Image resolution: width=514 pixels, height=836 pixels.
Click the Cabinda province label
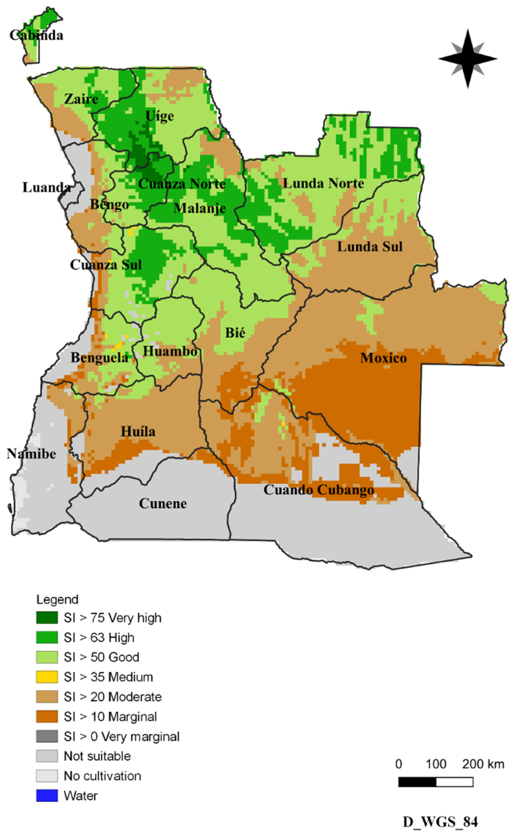pos(36,35)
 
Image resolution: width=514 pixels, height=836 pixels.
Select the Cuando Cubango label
pos(319,490)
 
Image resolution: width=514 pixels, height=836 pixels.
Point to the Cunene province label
pos(163,504)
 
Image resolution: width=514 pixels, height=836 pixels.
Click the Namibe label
pos(31,454)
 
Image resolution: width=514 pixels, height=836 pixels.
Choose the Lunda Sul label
pos(370,247)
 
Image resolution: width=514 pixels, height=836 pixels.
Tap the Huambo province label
pos(170,351)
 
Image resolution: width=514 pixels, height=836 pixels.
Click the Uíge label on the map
pos(159,116)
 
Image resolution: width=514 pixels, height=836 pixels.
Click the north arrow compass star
pos(468,59)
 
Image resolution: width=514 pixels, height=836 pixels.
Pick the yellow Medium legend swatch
pos(47,677)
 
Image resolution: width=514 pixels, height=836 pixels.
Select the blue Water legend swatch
pos(47,796)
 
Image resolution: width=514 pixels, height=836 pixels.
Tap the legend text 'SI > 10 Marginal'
pos(110,717)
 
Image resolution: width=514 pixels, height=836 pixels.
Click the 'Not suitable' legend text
pos(97,756)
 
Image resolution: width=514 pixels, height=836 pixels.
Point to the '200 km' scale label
pos(483,764)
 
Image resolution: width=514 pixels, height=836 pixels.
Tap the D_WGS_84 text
pos(440,822)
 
